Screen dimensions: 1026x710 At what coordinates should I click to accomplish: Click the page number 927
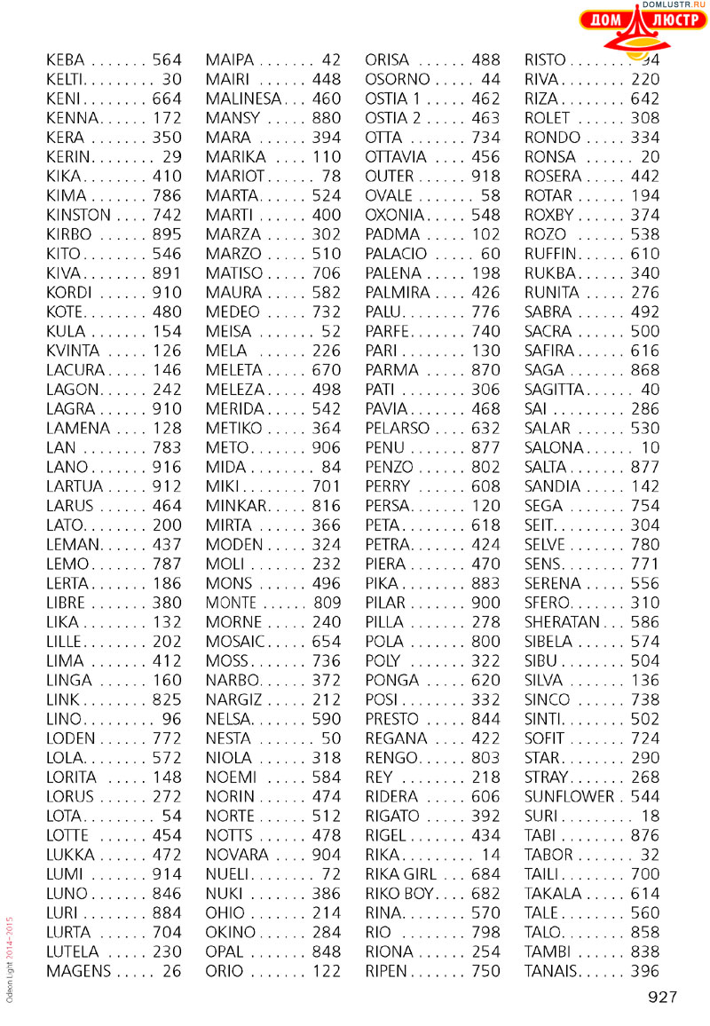click(663, 998)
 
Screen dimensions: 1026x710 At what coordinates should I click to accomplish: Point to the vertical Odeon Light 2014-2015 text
click(10, 959)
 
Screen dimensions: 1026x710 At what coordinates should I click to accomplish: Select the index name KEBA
click(65, 60)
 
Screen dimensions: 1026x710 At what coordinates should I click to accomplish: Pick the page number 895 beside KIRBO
click(166, 234)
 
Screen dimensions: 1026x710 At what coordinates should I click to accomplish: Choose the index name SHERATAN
click(563, 622)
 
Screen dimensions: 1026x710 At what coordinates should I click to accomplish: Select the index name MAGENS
click(79, 972)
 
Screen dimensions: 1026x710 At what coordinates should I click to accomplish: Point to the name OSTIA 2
click(394, 118)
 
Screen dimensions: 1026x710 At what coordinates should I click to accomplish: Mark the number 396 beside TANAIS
click(645, 972)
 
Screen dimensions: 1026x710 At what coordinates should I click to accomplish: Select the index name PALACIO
click(396, 254)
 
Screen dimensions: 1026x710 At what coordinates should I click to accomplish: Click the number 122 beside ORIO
click(326, 972)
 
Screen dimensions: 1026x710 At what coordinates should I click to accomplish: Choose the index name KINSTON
click(78, 215)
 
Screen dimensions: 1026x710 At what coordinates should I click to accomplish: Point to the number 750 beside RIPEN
click(485, 972)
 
